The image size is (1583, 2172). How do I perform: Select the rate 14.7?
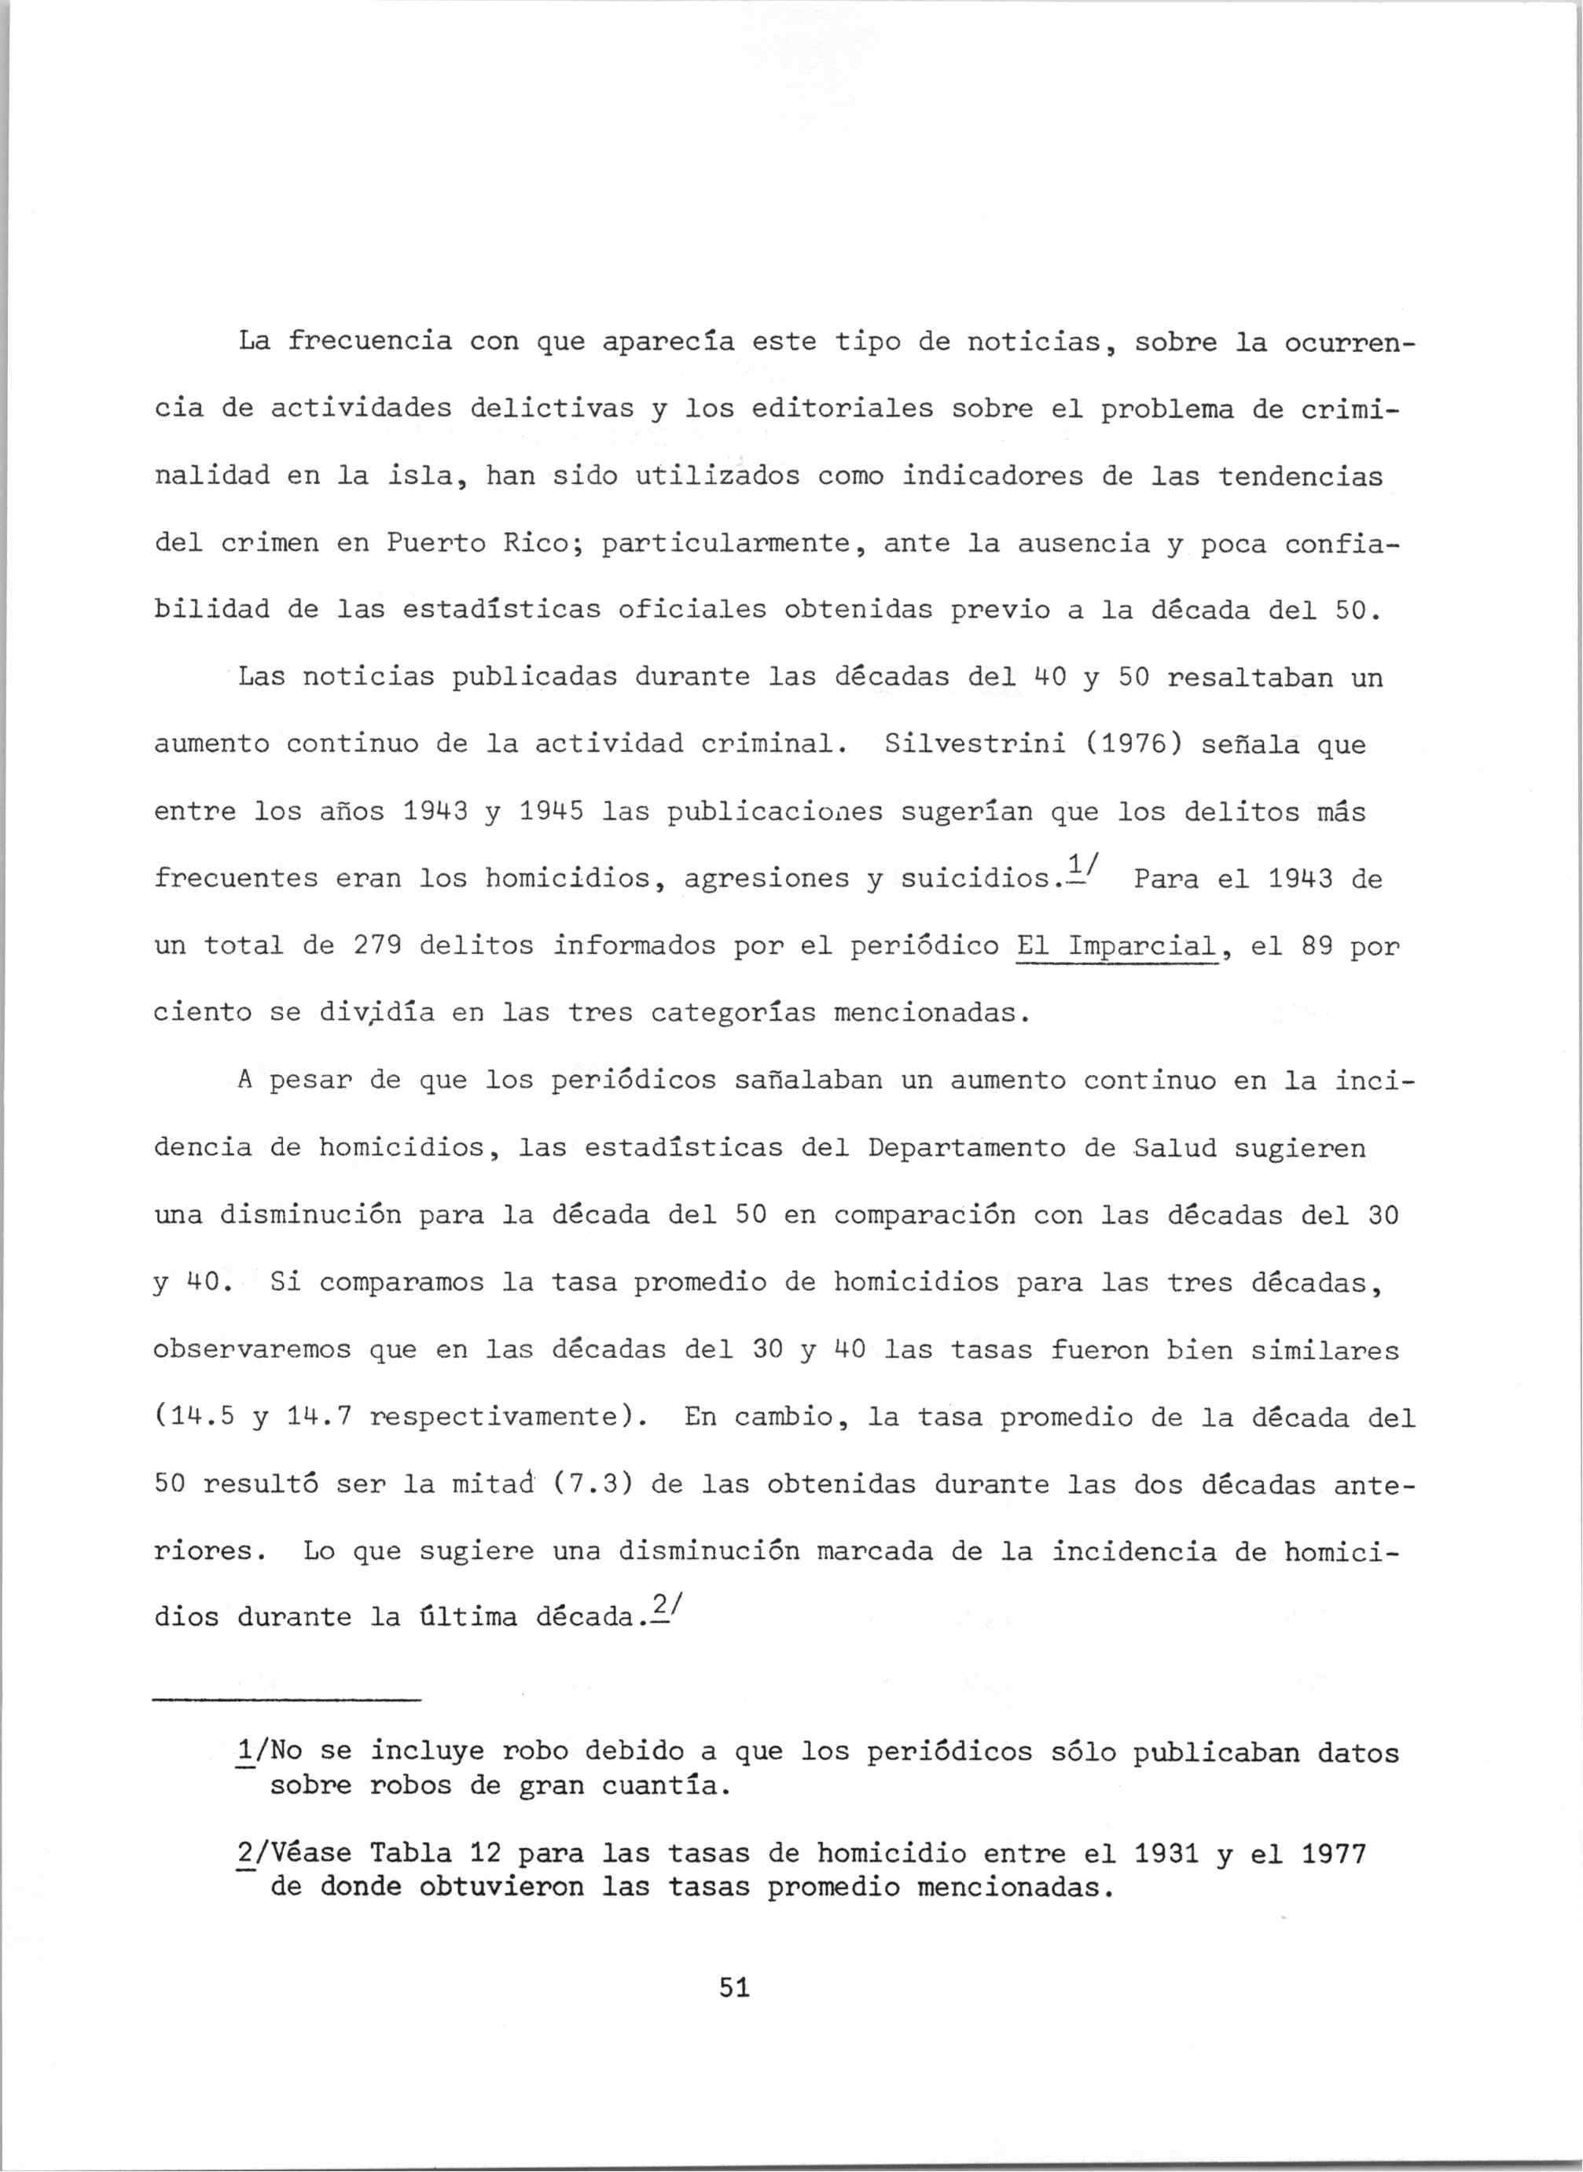tap(319, 1417)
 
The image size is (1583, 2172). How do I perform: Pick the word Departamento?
tap(966, 1148)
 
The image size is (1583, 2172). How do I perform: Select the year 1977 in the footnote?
tap(1333, 1853)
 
